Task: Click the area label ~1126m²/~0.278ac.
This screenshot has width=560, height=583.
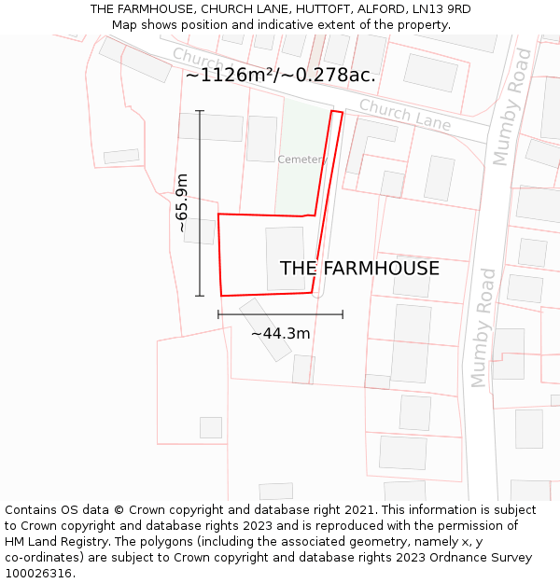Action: (x=280, y=76)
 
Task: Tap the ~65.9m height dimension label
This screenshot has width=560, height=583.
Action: (x=182, y=202)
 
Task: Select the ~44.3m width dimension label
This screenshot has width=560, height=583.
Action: (x=280, y=333)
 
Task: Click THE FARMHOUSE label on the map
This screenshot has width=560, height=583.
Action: (x=359, y=269)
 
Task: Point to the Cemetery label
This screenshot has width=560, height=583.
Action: (x=301, y=160)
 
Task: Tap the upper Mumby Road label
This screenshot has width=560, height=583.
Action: (x=512, y=107)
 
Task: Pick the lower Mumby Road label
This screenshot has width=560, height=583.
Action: (x=484, y=327)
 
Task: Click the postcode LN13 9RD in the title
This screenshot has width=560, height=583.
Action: (x=440, y=9)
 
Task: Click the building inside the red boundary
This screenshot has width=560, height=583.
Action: (x=285, y=257)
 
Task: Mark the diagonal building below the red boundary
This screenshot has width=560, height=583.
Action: (x=265, y=329)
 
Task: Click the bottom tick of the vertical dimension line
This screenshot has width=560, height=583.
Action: (x=200, y=296)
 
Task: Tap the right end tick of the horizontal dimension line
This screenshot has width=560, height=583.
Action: (x=343, y=314)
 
